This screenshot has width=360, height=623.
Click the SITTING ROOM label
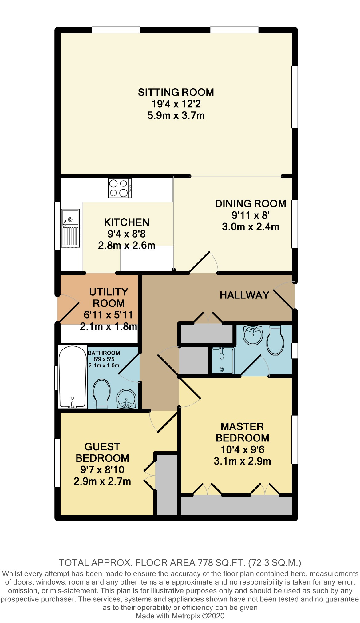(x=176, y=92)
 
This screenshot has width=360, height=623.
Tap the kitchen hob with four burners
(x=120, y=188)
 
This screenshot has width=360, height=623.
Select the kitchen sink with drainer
(x=70, y=228)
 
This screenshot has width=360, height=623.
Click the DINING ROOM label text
(x=250, y=204)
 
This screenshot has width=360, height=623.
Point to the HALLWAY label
(x=244, y=295)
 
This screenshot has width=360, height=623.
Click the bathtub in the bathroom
(x=72, y=377)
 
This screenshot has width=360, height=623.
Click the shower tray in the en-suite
(x=222, y=361)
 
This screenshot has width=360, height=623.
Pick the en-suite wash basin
(x=253, y=335)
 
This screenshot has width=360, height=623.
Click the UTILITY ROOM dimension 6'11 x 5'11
(x=108, y=315)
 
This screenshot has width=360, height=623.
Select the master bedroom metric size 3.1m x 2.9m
(x=242, y=461)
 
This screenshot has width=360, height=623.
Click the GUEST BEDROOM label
(x=102, y=452)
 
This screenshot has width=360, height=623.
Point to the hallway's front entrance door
(x=284, y=298)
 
